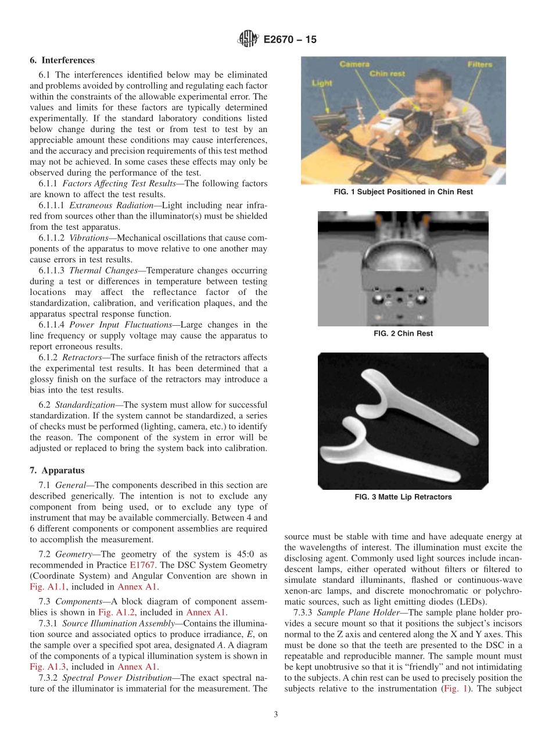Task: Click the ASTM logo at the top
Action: tap(248, 40)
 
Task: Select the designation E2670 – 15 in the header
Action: tap(290, 40)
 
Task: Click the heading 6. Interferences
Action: tap(62, 61)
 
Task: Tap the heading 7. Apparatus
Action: tap(57, 470)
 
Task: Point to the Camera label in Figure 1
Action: tap(354, 64)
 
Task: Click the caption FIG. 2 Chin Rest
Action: tap(403, 333)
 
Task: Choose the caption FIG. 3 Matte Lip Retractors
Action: tap(403, 497)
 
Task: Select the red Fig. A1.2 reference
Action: tap(113, 612)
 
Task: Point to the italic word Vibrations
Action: tap(88, 238)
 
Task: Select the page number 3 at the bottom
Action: tap(276, 714)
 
